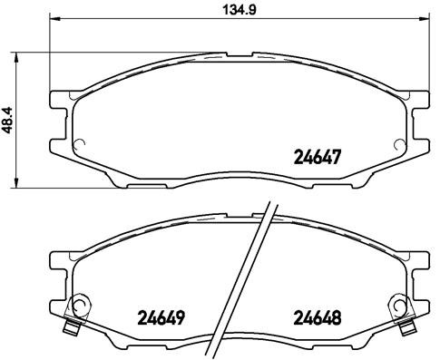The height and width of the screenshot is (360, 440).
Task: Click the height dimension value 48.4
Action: tap(8, 117)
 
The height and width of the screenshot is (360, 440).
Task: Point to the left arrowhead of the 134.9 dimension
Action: tap(53, 19)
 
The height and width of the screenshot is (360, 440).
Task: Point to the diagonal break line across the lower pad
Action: tap(253, 272)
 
